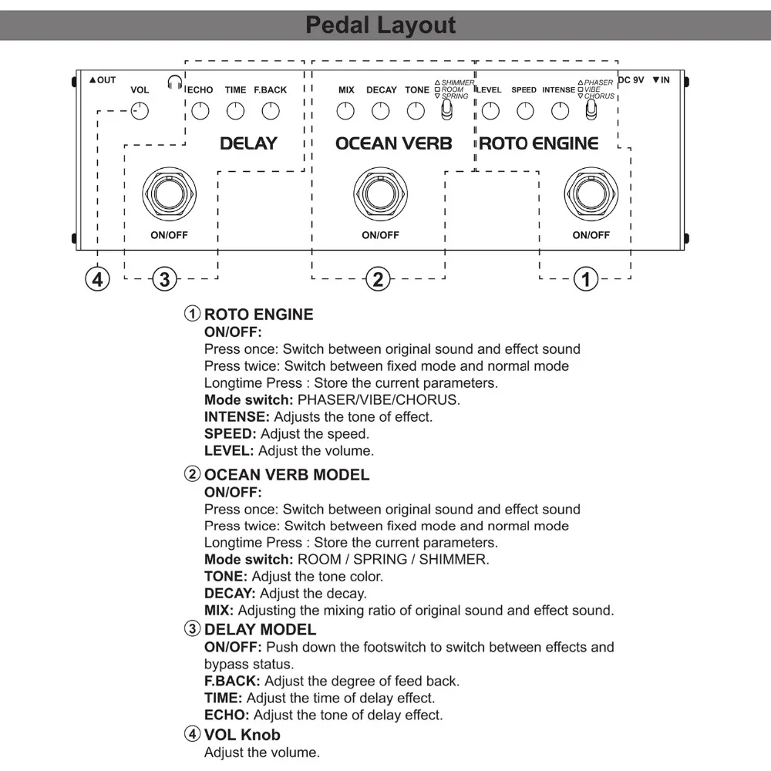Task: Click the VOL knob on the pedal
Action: click(140, 112)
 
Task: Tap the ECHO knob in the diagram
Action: click(200, 112)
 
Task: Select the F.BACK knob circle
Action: click(270, 112)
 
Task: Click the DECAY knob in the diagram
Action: click(381, 112)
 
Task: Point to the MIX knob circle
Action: click(346, 112)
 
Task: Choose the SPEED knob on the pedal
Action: click(524, 112)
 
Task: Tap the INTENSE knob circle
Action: click(559, 112)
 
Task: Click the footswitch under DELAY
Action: click(169, 191)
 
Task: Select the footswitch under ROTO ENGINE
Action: click(591, 191)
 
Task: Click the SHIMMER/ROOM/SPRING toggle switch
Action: click(446, 112)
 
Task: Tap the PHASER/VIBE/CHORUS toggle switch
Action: click(591, 112)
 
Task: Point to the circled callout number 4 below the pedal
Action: click(97, 278)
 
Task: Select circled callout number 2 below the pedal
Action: click(378, 278)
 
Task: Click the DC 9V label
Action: click(631, 80)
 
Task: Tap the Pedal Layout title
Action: click(381, 25)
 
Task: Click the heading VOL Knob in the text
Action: click(242, 735)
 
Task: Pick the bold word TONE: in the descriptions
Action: click(227, 576)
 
